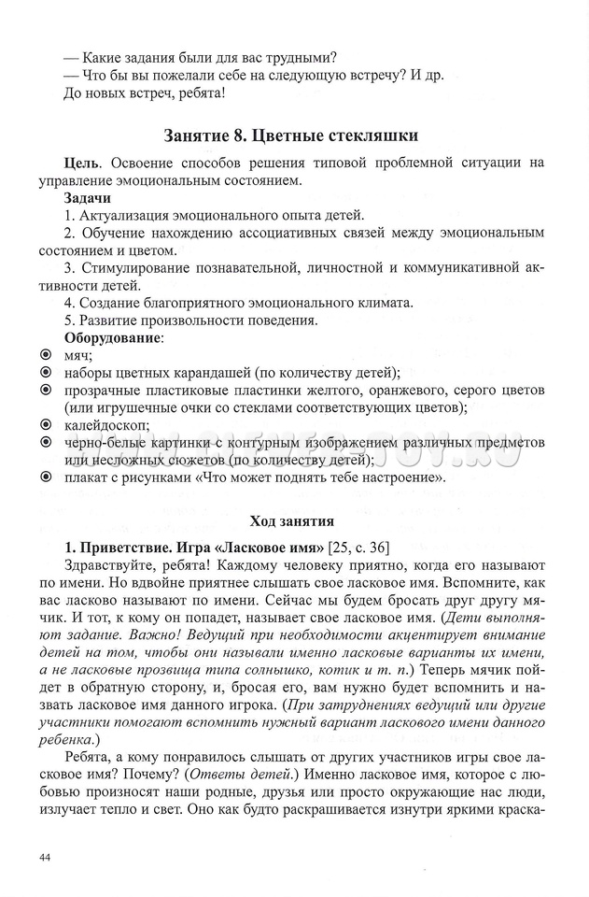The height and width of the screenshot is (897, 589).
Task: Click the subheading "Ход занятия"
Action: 290,520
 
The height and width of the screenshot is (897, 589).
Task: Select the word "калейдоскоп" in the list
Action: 102,424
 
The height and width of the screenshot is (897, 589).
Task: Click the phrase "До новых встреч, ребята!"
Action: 144,93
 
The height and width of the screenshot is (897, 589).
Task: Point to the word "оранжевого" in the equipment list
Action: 391,390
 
